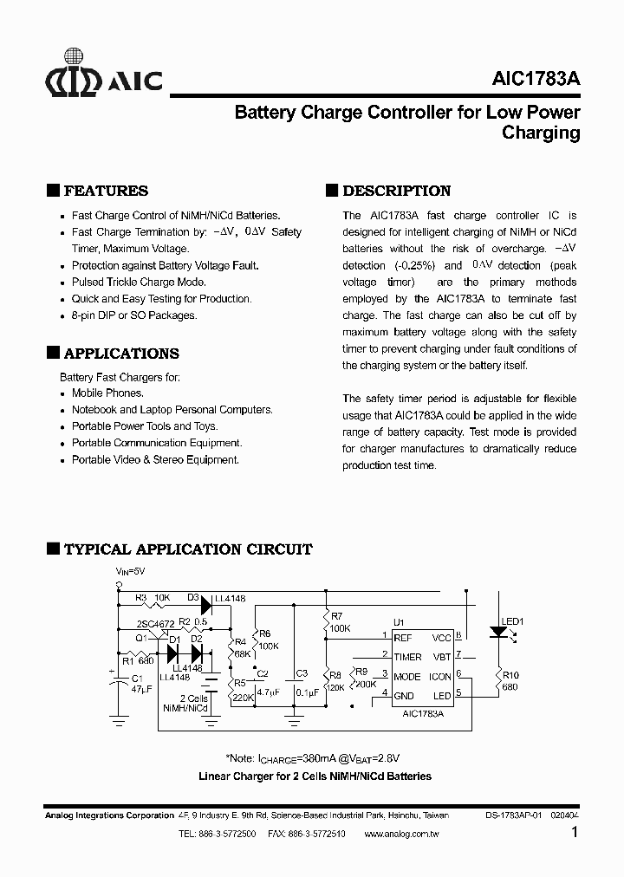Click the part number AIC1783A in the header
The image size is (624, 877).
click(532, 79)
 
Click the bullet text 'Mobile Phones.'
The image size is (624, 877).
click(107, 393)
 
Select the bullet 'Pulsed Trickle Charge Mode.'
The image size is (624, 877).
click(139, 283)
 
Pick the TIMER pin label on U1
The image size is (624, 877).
click(407, 657)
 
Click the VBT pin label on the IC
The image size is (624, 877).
click(441, 657)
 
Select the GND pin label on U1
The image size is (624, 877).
click(404, 696)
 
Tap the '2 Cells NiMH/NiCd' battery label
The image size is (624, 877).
click(186, 703)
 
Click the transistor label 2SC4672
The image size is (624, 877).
click(156, 624)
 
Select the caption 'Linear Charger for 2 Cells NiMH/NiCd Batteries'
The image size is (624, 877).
click(315, 776)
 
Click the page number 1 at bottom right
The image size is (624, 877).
click(575, 834)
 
